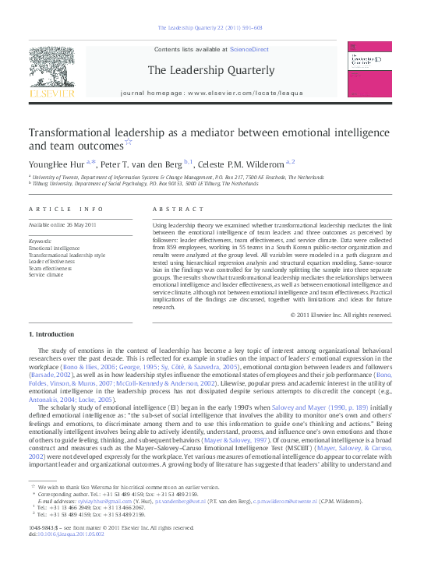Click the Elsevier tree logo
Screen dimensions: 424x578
(x=51, y=70)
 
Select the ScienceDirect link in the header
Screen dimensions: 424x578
(x=250, y=49)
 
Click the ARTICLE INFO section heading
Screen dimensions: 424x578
(x=65, y=210)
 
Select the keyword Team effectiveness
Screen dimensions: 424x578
(x=53, y=268)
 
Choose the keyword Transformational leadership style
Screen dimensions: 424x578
(x=67, y=255)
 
